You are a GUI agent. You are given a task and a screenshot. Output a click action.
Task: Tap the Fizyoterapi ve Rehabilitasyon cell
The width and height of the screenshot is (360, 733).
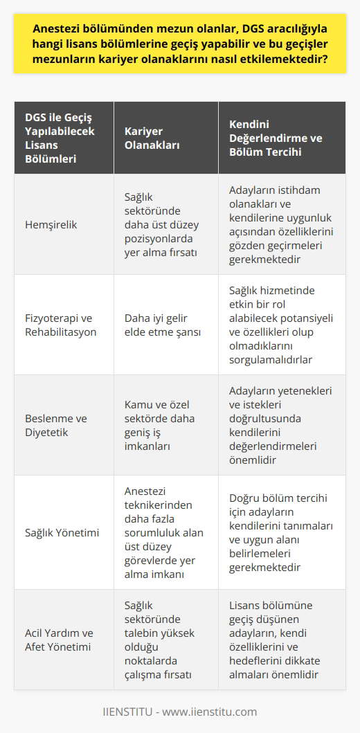[x=60, y=325]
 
